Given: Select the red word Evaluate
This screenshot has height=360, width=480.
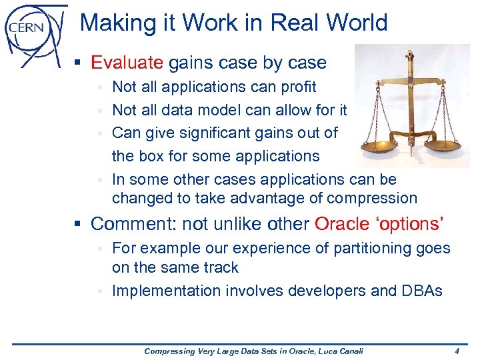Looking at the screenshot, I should coord(127,63).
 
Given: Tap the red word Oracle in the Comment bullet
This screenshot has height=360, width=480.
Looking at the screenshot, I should coord(345,223).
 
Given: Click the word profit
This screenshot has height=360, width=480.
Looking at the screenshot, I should coord(294,87).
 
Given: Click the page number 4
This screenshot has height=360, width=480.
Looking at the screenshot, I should coord(457,351).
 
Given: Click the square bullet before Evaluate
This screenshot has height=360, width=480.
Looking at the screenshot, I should coord(78,63).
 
